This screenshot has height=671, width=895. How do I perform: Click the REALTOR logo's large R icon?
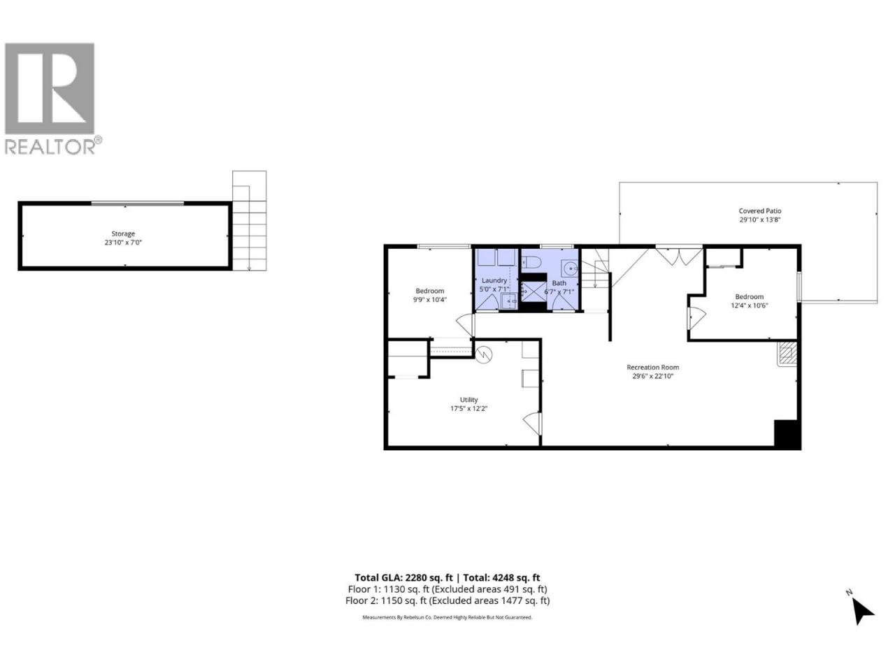(x=50, y=88)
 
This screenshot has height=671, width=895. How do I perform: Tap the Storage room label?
(x=123, y=234)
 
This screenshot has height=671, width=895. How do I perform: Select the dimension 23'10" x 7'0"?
(x=123, y=243)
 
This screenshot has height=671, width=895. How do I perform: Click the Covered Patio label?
(x=759, y=211)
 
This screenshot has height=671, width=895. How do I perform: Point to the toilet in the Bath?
(x=531, y=261)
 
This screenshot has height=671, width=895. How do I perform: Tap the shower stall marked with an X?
(x=534, y=291)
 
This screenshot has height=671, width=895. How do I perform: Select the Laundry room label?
(x=494, y=281)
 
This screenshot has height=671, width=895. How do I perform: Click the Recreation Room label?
(x=652, y=368)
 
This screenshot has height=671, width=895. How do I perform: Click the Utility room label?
(x=468, y=400)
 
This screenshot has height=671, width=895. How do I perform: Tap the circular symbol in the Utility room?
(x=484, y=355)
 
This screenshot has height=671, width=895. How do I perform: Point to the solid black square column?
(x=787, y=434)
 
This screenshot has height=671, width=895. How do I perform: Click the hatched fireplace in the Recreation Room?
(x=787, y=354)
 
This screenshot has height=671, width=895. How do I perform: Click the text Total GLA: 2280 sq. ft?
(x=403, y=578)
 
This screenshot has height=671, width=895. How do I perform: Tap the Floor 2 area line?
(x=447, y=600)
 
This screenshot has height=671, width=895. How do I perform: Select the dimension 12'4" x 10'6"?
(x=749, y=305)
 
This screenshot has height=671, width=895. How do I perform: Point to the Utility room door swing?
(x=532, y=424)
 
